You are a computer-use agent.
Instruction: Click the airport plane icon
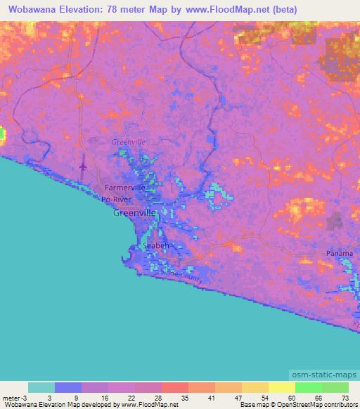[84, 167]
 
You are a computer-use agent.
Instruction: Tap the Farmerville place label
[124, 188]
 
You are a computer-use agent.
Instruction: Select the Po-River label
[116, 199]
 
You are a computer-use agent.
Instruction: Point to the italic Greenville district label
[128, 142]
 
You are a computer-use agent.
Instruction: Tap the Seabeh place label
[155, 246]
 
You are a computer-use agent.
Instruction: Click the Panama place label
[340, 253]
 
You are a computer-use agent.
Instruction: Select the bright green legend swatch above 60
[308, 387]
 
